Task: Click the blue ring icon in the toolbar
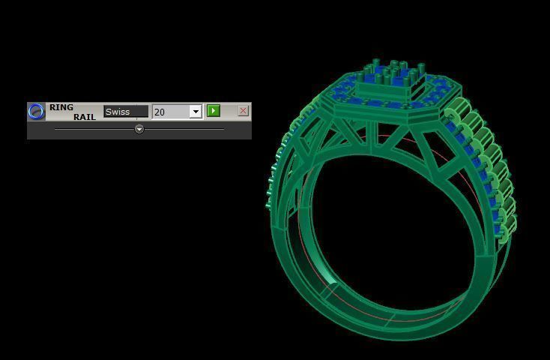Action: coord(36,112)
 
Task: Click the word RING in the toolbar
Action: coord(61,107)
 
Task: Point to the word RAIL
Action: coord(84,117)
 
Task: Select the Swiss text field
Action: coord(125,112)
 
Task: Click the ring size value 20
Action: coord(170,112)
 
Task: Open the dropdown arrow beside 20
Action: coord(196,112)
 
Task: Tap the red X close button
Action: coord(243,111)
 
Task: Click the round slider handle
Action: coord(139,129)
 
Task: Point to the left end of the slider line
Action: coord(56,129)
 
